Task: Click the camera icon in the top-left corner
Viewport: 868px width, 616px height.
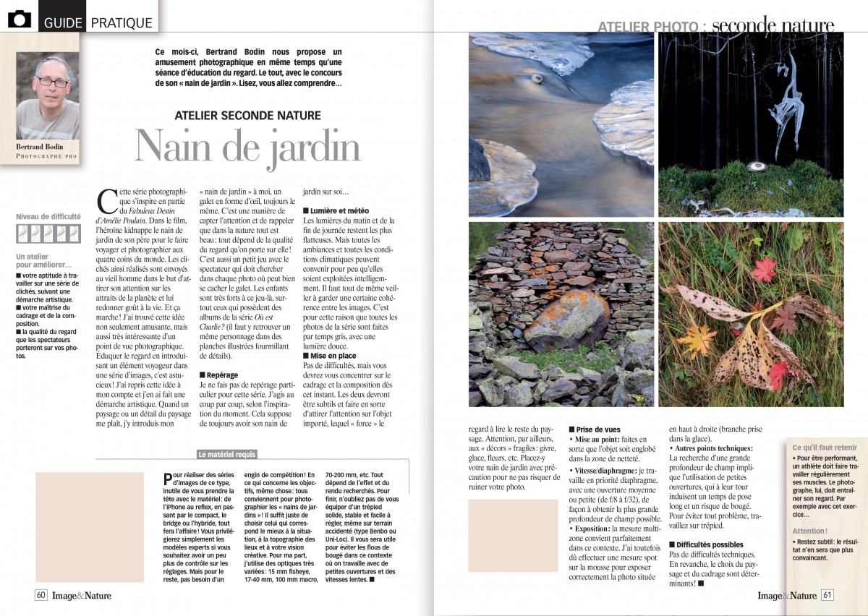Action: click(x=20, y=20)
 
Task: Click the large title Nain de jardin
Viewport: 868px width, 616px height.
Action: click(x=247, y=147)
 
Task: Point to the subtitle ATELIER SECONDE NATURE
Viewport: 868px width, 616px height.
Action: click(x=248, y=115)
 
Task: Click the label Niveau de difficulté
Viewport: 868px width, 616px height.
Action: click(x=48, y=216)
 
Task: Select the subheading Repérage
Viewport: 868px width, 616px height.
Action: click(x=222, y=375)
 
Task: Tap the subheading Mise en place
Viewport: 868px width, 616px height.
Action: click(x=330, y=356)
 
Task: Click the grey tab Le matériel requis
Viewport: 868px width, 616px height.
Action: click(x=227, y=455)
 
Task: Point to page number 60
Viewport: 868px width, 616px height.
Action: click(x=41, y=596)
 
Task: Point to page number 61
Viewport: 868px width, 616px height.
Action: click(x=827, y=596)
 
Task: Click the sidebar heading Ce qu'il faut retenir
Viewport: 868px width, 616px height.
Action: click(x=825, y=448)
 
